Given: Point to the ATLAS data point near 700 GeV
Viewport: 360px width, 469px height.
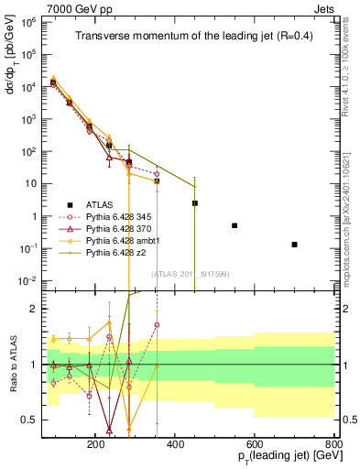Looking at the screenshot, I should (x=294, y=245).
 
